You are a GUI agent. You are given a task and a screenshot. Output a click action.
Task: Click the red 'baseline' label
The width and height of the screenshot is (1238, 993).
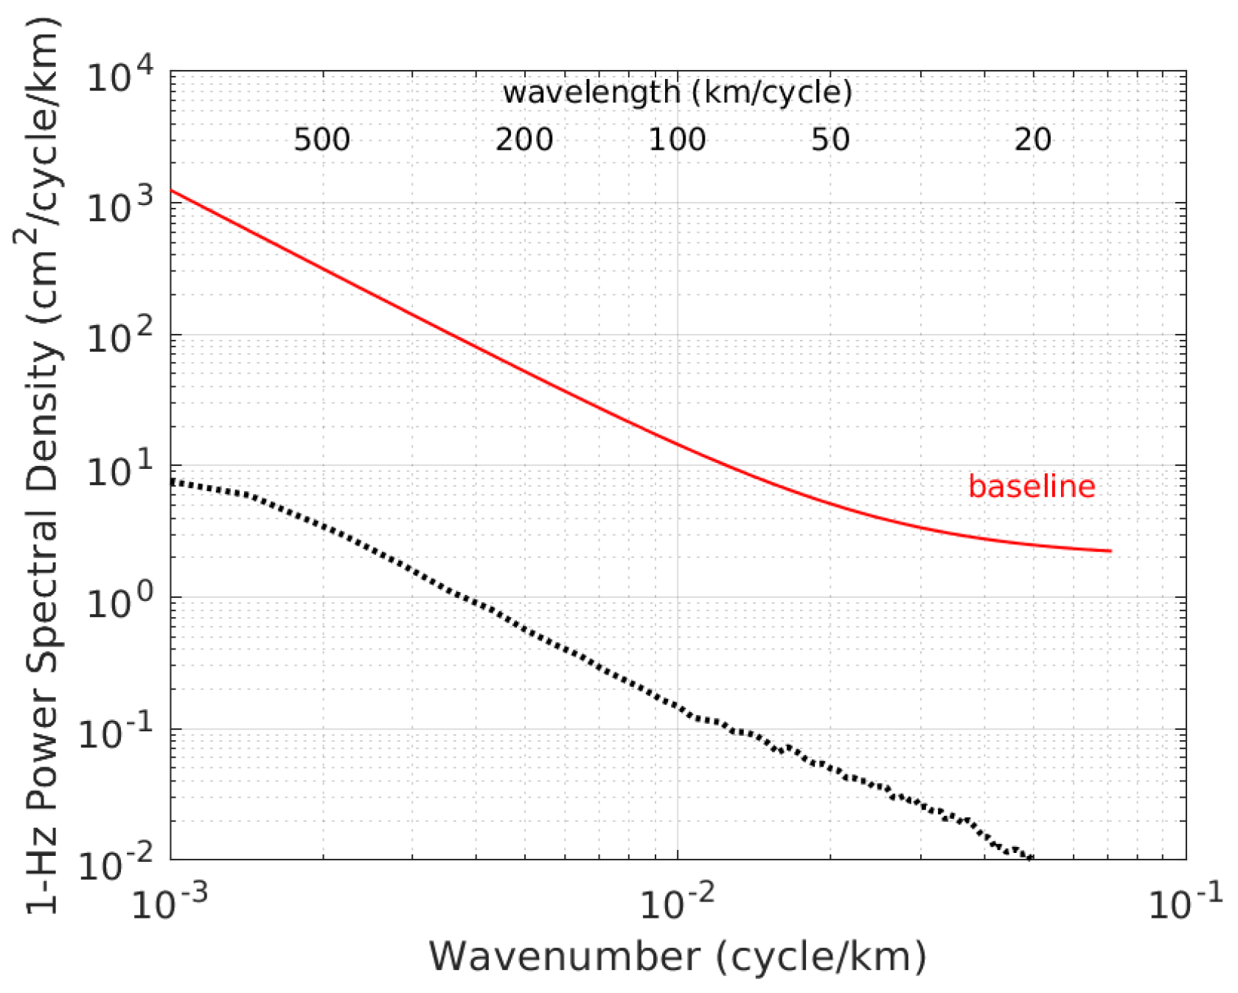point(1031,487)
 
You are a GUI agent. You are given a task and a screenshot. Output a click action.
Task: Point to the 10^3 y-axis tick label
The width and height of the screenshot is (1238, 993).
point(119,206)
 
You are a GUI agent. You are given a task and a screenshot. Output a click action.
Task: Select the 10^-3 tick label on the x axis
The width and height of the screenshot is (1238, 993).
point(170,903)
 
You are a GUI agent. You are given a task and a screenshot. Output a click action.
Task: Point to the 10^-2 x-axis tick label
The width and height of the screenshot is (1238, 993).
point(677,903)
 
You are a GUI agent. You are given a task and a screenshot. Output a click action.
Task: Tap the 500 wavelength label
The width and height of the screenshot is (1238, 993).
point(321,139)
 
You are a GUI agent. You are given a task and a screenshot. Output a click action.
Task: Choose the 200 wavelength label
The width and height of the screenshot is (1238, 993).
point(524,139)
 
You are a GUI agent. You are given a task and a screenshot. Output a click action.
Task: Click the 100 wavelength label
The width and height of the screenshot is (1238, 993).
point(677,139)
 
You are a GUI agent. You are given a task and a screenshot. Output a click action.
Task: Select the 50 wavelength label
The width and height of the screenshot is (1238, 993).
point(830,139)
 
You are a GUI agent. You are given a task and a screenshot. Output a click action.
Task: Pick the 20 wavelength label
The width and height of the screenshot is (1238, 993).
point(1032,139)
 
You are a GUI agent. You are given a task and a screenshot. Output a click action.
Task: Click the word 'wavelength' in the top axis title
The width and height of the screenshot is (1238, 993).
point(591,94)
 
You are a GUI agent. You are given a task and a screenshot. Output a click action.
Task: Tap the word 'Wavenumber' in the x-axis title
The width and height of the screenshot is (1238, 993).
point(565,957)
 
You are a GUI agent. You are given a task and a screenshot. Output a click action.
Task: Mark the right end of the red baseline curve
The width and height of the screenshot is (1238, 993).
point(1110,551)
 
